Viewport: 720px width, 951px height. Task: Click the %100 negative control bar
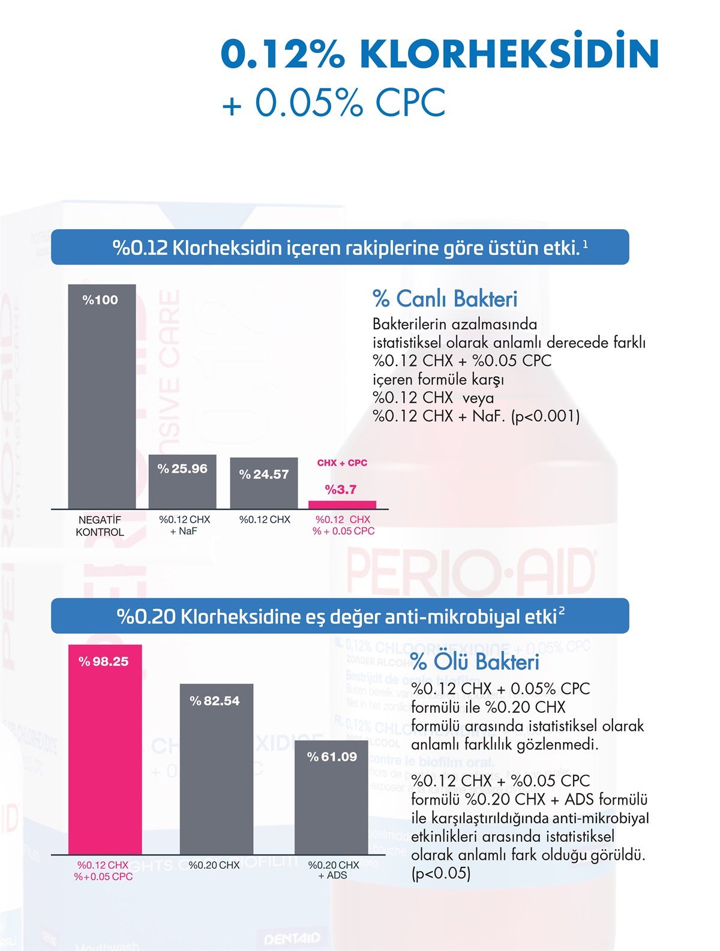pos(101,396)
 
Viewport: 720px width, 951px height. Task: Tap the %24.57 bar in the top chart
pos(264,483)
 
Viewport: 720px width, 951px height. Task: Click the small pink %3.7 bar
pos(342,505)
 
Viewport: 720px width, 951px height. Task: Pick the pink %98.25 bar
pos(105,750)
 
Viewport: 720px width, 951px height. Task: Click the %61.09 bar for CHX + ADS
pos(331,798)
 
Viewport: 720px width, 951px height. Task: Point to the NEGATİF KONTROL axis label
pos(100,526)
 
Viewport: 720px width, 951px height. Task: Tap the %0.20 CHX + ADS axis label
pos(333,870)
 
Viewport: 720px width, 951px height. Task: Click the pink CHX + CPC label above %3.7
pos(342,463)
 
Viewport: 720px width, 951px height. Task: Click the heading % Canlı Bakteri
pos(445,299)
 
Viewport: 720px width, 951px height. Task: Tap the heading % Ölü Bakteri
pos(475,662)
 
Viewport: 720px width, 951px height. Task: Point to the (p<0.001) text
pos(545,416)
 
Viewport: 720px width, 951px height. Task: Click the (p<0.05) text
pos(441,873)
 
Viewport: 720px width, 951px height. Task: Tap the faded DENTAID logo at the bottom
pos(292,938)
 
